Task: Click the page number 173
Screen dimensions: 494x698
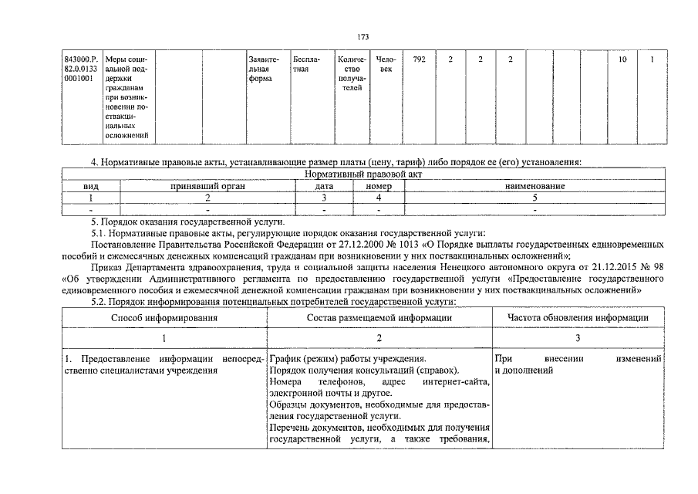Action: click(363, 36)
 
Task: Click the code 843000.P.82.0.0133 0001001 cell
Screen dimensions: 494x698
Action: click(81, 68)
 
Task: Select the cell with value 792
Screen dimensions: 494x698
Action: click(420, 59)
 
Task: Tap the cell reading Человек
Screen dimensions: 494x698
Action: click(386, 64)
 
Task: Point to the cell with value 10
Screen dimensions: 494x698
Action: click(622, 59)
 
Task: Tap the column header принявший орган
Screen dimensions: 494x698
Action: click(205, 187)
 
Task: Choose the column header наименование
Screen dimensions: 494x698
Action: click(534, 187)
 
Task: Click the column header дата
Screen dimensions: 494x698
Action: click(325, 187)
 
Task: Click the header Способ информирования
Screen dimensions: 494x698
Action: click(164, 317)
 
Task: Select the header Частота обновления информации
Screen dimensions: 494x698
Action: click(577, 317)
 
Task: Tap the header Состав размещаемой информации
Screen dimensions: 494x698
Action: click(379, 317)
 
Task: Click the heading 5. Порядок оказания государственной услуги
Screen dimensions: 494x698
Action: click(182, 222)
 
